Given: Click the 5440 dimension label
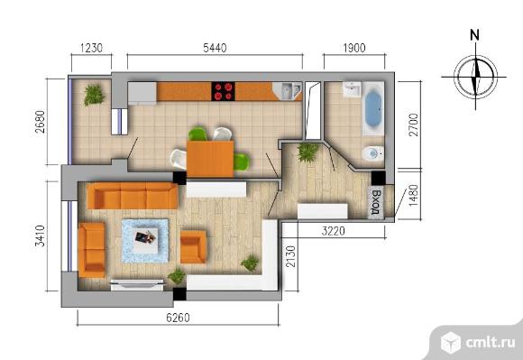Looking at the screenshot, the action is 215,48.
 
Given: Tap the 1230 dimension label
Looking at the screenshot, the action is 91,48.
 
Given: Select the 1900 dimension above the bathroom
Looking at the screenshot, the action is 354,48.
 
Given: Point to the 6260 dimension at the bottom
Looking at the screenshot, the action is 178,318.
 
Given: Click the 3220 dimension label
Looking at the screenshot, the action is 334,231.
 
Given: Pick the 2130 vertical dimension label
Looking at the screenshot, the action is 291,256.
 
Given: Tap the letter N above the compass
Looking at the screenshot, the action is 474,34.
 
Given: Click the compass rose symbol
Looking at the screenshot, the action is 475,77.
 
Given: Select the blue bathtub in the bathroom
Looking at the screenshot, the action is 373,108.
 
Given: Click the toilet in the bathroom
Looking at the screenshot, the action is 373,153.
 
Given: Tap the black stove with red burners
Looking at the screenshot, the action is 223,91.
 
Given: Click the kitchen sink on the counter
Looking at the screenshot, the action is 288,91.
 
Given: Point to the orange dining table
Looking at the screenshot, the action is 210,159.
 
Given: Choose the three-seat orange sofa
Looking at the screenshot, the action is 133,196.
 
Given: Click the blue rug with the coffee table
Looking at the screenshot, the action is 145,241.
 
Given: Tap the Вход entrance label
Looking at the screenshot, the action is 376,202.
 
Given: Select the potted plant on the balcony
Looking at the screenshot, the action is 94,95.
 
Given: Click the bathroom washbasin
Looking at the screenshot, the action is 353,89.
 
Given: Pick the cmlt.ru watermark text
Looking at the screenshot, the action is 491,342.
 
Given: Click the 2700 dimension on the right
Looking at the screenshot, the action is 413,125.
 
